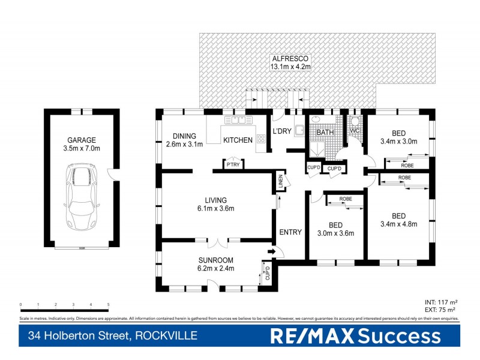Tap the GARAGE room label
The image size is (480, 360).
coord(82,140)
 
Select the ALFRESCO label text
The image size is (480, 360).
coord(290,58)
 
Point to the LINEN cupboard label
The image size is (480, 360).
coord(280,182)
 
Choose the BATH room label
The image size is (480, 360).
coord(325,132)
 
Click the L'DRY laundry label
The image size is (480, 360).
coord(282,131)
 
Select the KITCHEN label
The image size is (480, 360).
coord(238,140)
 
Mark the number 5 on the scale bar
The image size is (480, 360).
coord(109,305)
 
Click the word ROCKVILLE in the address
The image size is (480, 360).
coord(165,335)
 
